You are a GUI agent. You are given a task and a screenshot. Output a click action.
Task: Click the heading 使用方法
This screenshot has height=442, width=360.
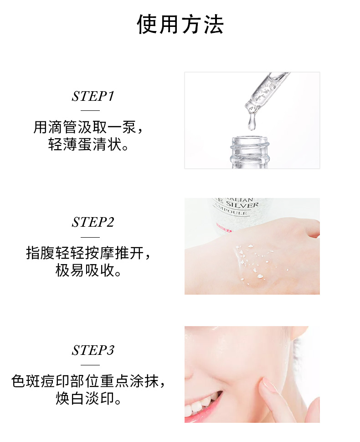click(180, 25)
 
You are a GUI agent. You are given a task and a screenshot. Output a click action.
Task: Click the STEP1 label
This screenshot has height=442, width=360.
click(93, 96)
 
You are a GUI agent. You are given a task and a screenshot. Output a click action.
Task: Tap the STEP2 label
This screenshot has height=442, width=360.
click(93, 222)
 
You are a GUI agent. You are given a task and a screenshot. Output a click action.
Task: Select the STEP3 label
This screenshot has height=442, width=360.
click(93, 350)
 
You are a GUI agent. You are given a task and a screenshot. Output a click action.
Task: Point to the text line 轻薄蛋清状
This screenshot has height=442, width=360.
click(88, 145)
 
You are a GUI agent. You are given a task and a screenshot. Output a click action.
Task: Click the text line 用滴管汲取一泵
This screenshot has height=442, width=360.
click(88, 127)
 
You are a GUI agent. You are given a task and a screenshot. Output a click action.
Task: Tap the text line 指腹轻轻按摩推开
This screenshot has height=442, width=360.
click(88, 253)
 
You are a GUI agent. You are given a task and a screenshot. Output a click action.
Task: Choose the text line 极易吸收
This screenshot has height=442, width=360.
click(88, 270)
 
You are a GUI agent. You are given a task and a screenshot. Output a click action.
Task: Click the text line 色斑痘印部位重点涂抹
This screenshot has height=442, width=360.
click(88, 381)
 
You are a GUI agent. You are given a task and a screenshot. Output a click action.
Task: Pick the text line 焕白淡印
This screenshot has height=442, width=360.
click(88, 399)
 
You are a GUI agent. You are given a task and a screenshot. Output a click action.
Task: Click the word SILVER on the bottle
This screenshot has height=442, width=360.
click(242, 204)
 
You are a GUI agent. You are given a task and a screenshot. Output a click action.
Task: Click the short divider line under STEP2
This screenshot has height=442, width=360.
click(90, 237)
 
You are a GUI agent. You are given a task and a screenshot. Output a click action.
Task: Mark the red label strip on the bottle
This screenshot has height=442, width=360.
click(224, 229)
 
